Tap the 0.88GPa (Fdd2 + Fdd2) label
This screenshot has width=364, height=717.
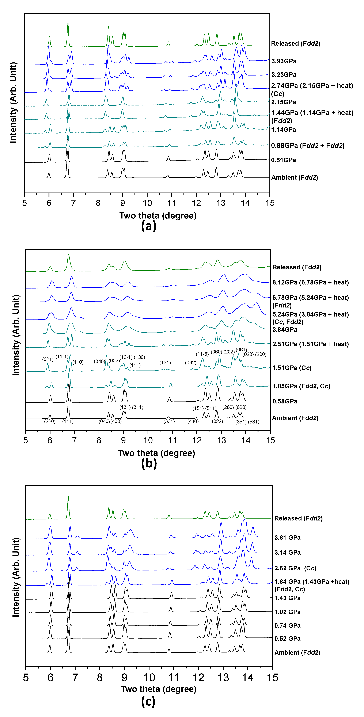(308, 146)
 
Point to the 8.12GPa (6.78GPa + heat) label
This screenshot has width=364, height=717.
(310, 282)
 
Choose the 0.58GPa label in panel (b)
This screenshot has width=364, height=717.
(285, 401)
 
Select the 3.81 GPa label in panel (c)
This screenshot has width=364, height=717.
(287, 538)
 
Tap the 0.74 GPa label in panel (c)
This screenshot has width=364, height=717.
(287, 625)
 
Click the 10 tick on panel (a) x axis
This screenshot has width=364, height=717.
(147, 203)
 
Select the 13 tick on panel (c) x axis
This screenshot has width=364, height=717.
(223, 678)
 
